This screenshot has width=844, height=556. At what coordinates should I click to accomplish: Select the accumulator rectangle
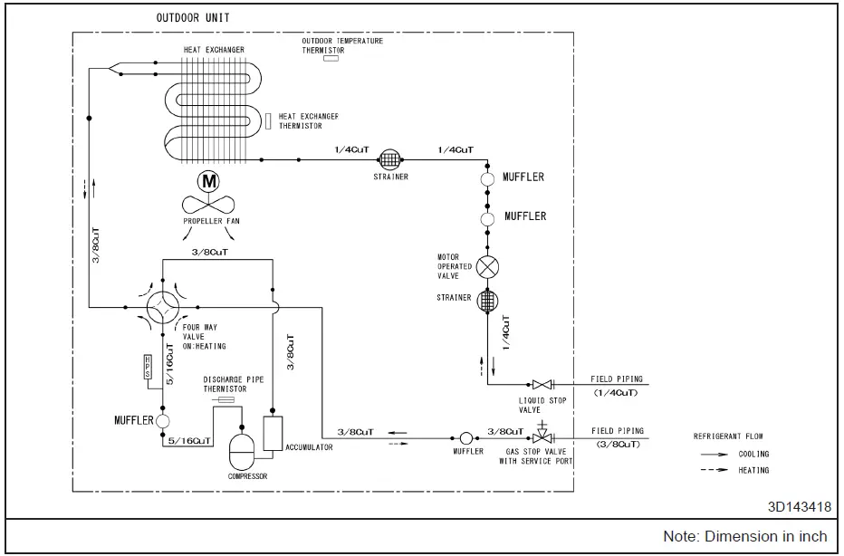tap(273, 433)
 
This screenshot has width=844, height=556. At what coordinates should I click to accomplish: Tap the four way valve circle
tap(163, 307)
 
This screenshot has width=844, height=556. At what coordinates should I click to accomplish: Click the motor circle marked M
tap(208, 181)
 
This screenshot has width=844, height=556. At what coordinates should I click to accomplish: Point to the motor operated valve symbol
tap(487, 267)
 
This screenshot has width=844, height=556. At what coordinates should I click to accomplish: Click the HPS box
tap(148, 367)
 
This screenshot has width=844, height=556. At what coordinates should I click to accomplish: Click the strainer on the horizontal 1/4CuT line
tap(390, 159)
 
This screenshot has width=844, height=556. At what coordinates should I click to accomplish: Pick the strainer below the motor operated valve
tap(487, 301)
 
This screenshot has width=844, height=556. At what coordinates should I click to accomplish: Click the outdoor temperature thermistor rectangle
tap(331, 58)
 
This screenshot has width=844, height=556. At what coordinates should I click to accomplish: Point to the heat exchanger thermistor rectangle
tap(268, 120)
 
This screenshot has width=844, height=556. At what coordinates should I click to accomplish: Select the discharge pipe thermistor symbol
tap(223, 399)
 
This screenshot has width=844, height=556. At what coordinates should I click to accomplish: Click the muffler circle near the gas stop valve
tap(466, 438)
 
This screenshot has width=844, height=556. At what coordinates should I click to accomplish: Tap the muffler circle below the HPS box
tap(163, 421)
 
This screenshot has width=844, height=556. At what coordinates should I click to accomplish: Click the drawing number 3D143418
tap(800, 506)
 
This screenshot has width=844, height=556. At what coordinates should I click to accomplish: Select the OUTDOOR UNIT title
tap(193, 18)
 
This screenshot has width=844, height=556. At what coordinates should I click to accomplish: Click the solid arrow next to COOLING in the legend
tap(715, 455)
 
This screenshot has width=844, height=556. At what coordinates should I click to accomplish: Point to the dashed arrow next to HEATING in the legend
tap(715, 470)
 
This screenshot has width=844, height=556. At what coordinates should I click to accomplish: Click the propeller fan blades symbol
tap(208, 205)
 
